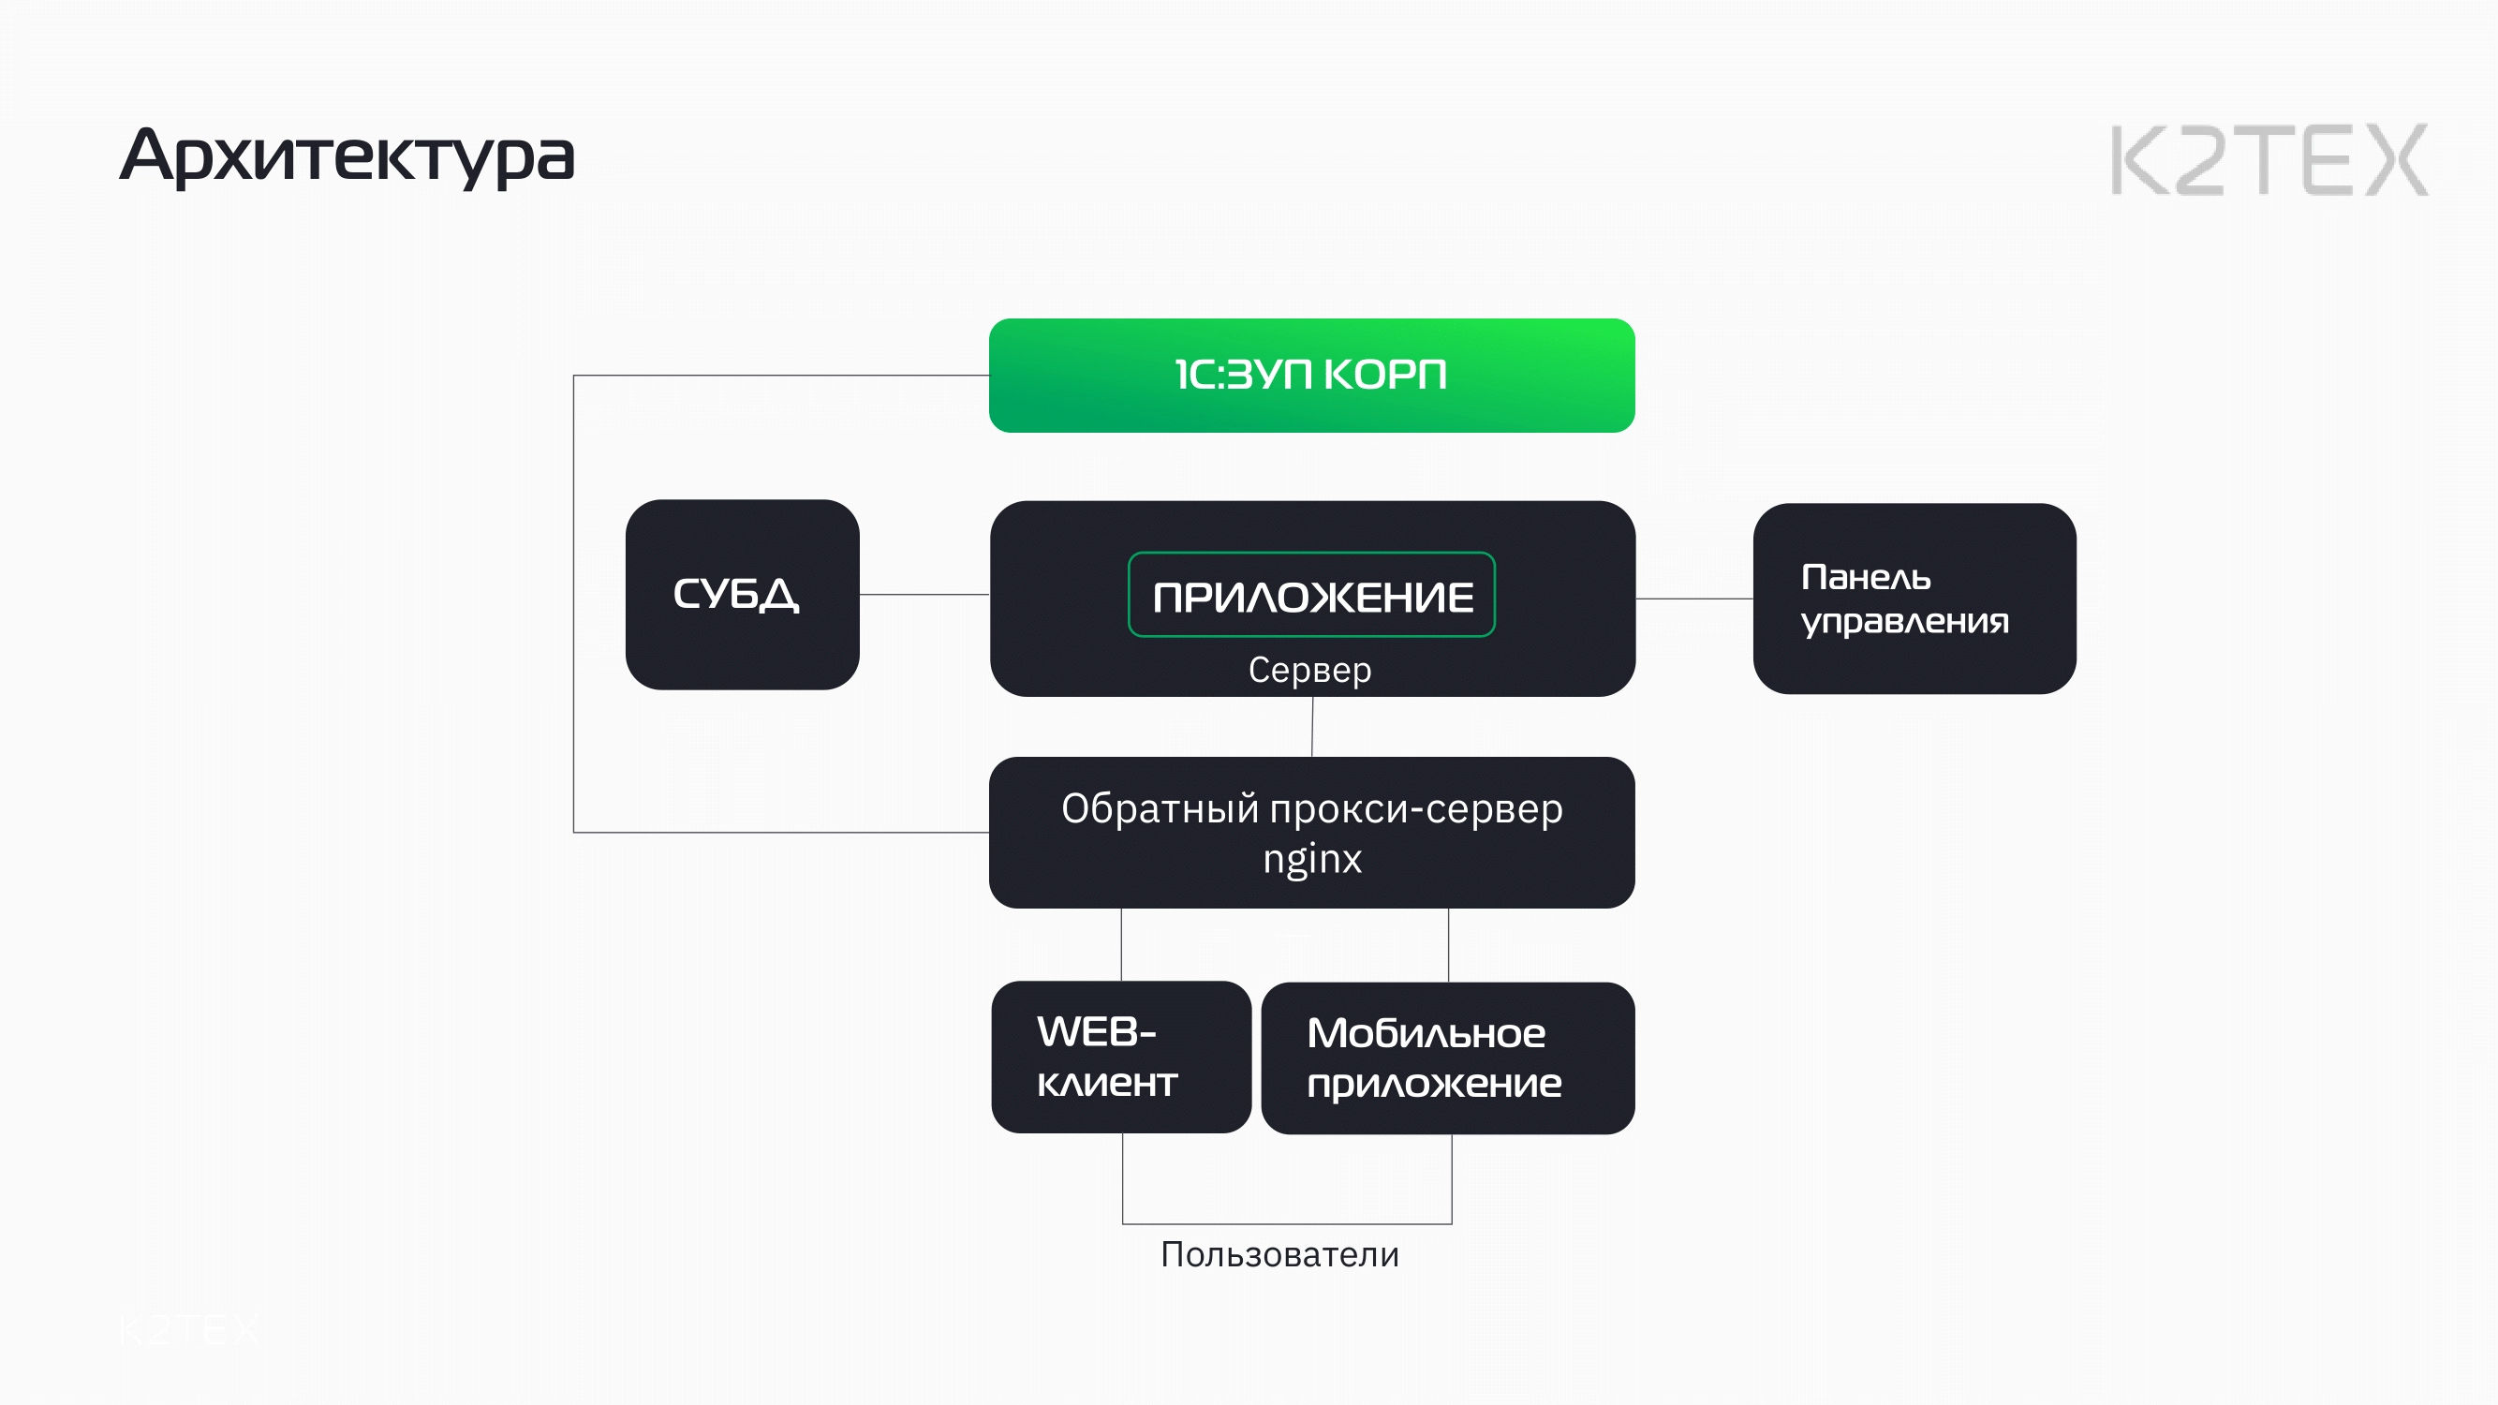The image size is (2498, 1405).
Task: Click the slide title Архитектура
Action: click(347, 156)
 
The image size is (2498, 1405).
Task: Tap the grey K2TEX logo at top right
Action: click(2269, 160)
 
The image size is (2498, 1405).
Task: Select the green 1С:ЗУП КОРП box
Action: click(1311, 376)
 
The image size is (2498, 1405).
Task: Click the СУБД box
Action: click(742, 595)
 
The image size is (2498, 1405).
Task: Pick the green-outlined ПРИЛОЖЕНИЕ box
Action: click(1311, 596)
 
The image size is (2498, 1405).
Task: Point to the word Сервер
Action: click(1309, 670)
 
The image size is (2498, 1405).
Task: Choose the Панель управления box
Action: click(1914, 599)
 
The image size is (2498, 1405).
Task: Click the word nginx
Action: click(1311, 859)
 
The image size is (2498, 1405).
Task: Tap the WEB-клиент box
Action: click(1120, 1057)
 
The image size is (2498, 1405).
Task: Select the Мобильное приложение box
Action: click(1447, 1057)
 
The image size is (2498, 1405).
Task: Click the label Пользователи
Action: click(1279, 1255)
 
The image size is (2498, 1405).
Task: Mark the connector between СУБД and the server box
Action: click(924, 595)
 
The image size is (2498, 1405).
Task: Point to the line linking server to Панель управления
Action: click(1694, 599)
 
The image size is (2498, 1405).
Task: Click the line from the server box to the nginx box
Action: click(1312, 727)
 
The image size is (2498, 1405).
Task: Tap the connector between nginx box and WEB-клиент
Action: click(1121, 944)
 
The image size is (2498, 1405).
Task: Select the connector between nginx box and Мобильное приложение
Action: click(1448, 945)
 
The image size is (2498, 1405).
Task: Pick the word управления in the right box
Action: click(1903, 622)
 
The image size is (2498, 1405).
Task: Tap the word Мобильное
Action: click(1426, 1034)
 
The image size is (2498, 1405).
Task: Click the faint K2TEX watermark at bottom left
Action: click(189, 1329)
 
